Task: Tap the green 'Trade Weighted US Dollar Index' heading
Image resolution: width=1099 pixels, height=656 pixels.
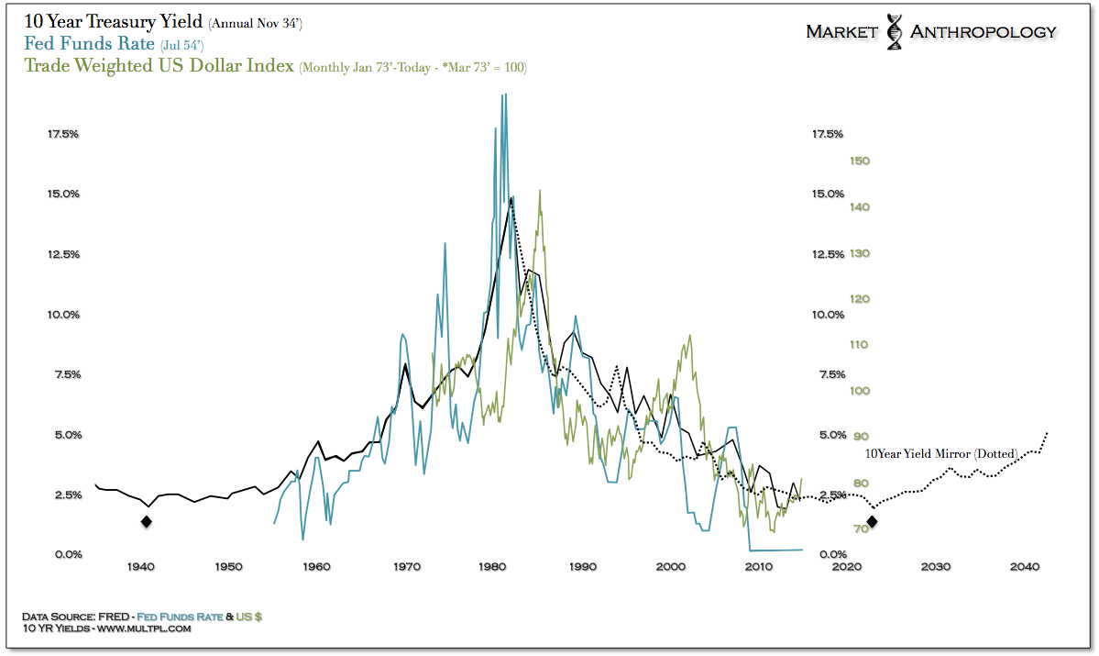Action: [x=159, y=66]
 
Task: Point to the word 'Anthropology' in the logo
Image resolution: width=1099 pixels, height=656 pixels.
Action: [x=983, y=32]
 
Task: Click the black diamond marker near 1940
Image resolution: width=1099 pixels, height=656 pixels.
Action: [x=146, y=522]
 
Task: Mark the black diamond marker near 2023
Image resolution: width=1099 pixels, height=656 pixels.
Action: [x=873, y=522]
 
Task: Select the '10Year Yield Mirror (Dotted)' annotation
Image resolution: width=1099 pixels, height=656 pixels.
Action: [x=941, y=453]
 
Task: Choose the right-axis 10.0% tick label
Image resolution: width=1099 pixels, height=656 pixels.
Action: [x=828, y=315]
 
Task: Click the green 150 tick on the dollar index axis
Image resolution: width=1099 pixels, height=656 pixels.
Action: [x=861, y=161]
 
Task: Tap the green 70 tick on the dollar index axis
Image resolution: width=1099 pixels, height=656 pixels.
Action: [x=859, y=529]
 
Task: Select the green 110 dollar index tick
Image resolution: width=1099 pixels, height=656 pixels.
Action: [x=861, y=345]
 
